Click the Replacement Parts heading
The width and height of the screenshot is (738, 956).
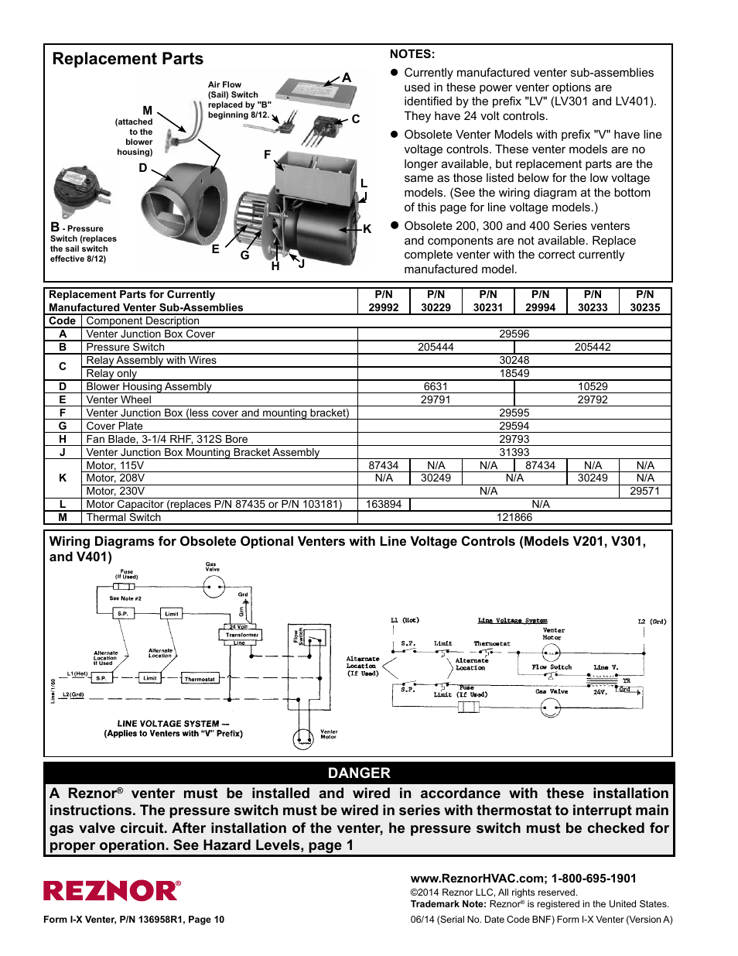point(128,60)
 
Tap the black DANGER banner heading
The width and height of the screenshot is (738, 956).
point(359,773)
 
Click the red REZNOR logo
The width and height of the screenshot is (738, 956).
point(111,891)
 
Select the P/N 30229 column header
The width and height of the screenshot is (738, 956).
point(436,301)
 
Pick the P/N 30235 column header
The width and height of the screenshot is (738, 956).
point(644,301)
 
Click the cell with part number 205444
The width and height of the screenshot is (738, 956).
point(436,348)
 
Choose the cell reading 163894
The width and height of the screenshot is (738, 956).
point(384,505)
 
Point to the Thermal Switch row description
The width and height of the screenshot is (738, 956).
point(124,518)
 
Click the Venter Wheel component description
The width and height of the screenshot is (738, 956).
point(119,400)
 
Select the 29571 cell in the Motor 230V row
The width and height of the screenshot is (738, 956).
point(644,492)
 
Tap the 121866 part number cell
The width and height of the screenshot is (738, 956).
point(514,518)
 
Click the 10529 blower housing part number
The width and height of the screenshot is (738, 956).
point(593,387)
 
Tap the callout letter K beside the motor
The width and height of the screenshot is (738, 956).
point(367,229)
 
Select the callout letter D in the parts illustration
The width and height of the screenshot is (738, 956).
point(143,168)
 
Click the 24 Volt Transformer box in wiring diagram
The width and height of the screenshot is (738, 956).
point(241,634)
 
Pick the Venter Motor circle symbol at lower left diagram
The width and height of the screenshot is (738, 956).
point(302,738)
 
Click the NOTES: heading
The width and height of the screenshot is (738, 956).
point(412,54)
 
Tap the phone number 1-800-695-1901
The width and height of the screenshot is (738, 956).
point(593,879)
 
